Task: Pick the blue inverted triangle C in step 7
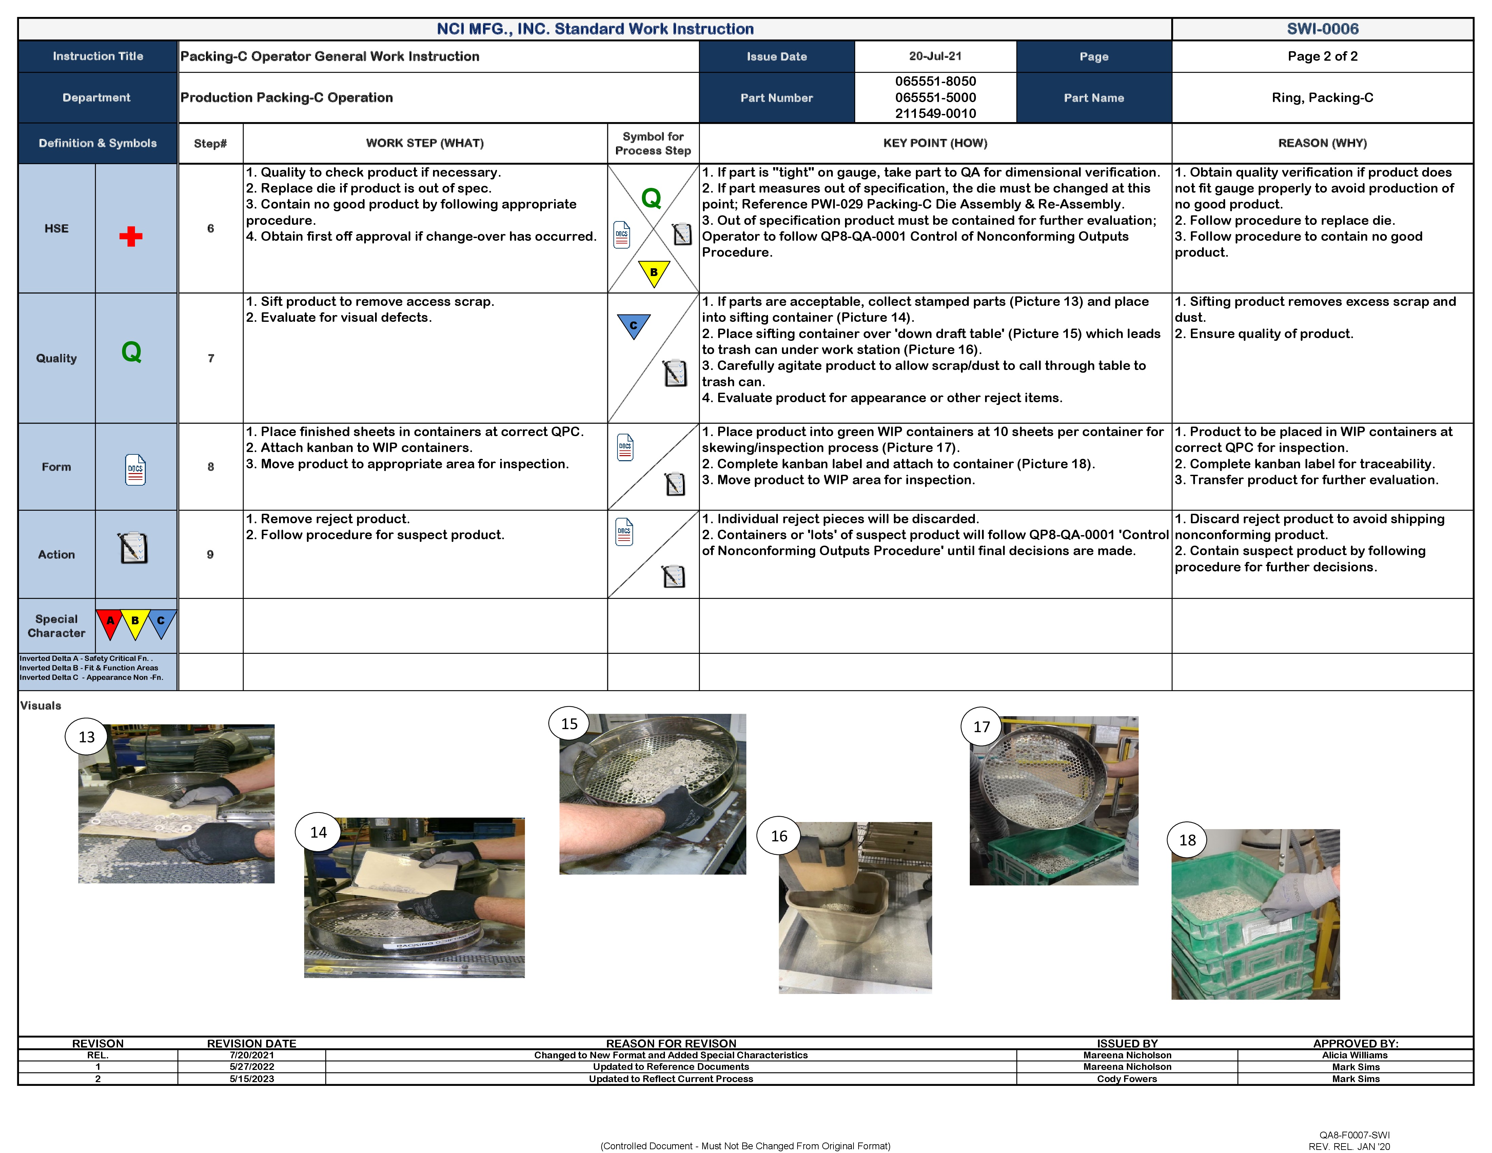pyautogui.click(x=633, y=325)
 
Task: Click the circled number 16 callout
pyautogui.click(x=779, y=836)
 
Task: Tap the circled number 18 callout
pyautogui.click(x=1187, y=840)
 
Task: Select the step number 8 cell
pyautogui.click(x=211, y=467)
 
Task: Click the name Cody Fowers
pyautogui.click(x=1126, y=1079)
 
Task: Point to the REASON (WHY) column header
pyautogui.click(x=1322, y=143)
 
